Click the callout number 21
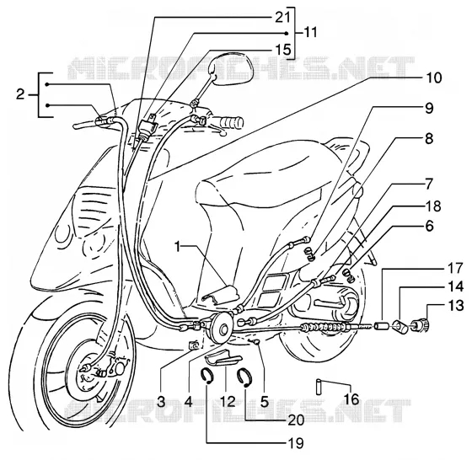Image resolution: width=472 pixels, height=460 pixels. click(x=282, y=18)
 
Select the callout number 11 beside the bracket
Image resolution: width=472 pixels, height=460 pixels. click(x=309, y=32)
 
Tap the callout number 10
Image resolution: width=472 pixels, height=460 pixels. click(x=433, y=78)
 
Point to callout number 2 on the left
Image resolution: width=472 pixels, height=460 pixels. click(x=20, y=94)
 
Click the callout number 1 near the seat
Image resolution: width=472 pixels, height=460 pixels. click(x=178, y=248)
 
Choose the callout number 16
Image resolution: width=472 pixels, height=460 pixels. click(x=351, y=399)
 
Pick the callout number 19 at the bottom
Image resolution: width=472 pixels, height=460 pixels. click(x=295, y=443)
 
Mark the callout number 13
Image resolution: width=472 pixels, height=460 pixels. click(x=456, y=306)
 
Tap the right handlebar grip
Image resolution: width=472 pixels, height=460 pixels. click(x=231, y=122)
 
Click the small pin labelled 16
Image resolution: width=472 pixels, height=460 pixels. click(x=319, y=388)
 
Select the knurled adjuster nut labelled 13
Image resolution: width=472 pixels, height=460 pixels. click(x=421, y=325)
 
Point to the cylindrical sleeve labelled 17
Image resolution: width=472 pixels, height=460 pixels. click(x=381, y=326)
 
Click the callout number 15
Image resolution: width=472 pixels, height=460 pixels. click(x=282, y=50)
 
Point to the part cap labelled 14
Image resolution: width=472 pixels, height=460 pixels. click(x=401, y=327)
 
